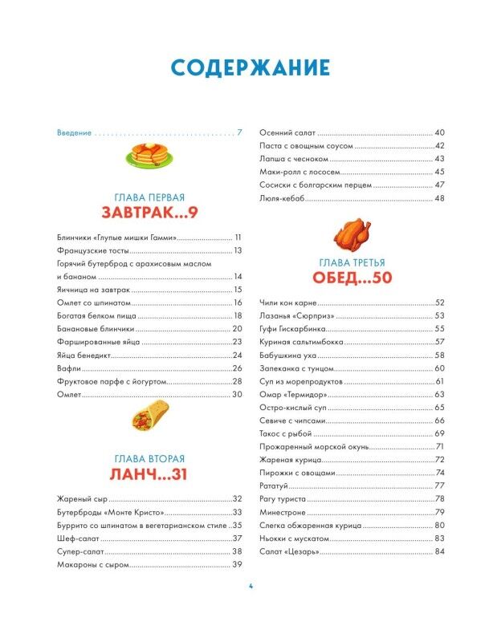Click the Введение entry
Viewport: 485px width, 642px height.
tap(75, 132)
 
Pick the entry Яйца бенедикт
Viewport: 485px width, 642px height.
tap(88, 355)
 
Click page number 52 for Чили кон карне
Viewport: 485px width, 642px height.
tap(439, 303)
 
